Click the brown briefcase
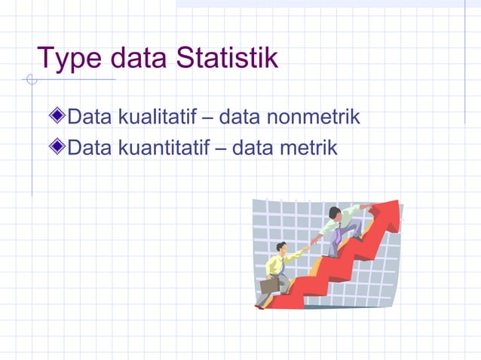click(x=270, y=285)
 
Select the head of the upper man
click(x=334, y=213)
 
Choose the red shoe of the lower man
click(x=259, y=307)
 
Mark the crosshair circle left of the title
click(x=31, y=80)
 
